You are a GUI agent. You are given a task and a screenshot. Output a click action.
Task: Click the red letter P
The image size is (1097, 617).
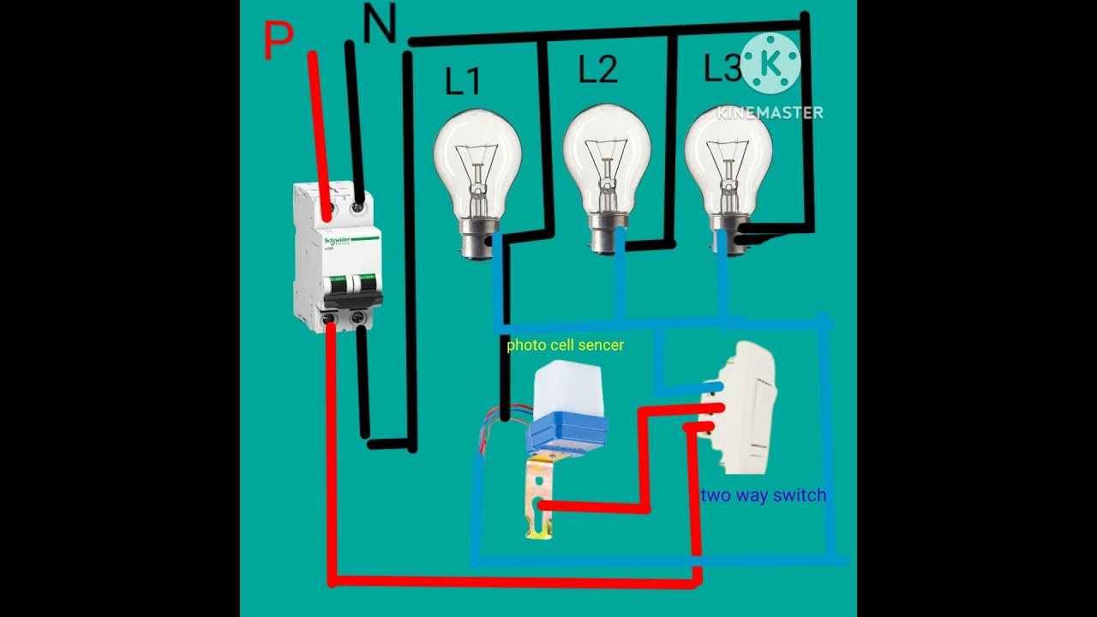pyautogui.click(x=278, y=41)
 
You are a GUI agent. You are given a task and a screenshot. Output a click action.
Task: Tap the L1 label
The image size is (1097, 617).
pyautogui.click(x=463, y=81)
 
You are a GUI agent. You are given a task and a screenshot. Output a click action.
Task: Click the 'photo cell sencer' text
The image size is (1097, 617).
pyautogui.click(x=565, y=345)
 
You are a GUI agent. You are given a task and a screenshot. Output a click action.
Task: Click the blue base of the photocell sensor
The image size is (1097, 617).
pyautogui.click(x=566, y=433)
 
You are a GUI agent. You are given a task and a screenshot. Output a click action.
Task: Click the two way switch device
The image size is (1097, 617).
pyautogui.click(x=739, y=407)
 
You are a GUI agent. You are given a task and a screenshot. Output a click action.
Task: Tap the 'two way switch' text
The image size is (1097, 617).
pyautogui.click(x=763, y=495)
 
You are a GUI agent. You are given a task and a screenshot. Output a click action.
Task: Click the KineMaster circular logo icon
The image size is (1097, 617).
pyautogui.click(x=770, y=63)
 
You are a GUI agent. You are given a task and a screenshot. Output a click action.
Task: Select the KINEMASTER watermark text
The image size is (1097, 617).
pyautogui.click(x=770, y=112)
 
